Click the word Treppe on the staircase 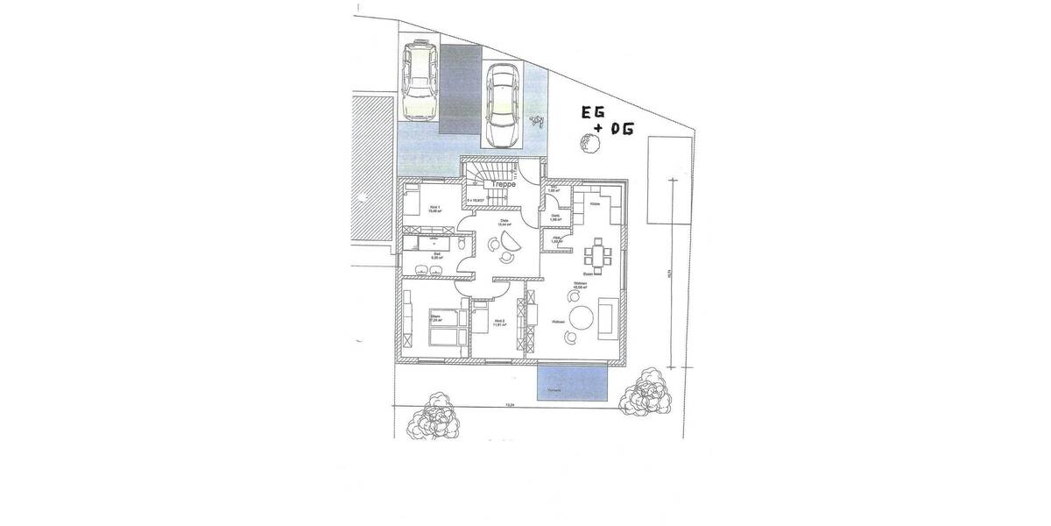502,185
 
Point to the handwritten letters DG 619,130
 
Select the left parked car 419,82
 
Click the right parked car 503,105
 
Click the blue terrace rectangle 572,383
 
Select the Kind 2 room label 499,323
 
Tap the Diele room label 504,223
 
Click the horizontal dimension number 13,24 508,406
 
